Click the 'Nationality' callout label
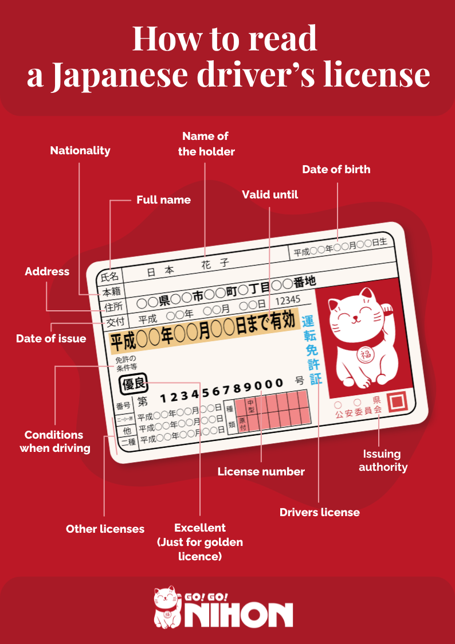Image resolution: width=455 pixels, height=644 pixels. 80,151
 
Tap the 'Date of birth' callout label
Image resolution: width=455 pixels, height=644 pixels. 336,169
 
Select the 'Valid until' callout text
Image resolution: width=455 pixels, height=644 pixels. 269,194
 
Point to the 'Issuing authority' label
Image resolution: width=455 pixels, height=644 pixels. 383,460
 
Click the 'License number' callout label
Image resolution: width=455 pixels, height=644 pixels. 261,471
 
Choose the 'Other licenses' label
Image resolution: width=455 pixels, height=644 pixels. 105,529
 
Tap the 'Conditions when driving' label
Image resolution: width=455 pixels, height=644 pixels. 55,441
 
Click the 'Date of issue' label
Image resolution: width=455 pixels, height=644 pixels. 51,338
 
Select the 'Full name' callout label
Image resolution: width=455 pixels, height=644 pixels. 163,200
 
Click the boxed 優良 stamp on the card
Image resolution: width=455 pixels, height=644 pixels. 132,384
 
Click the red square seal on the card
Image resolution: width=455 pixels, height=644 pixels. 397,401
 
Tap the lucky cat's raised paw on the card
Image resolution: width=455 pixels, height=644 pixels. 386,307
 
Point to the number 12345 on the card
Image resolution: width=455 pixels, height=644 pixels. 288,300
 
